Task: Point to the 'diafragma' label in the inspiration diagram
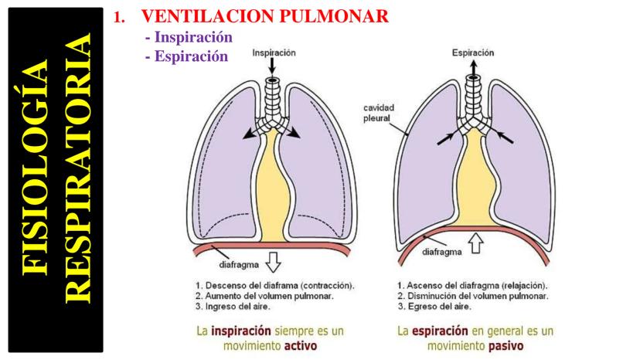224,264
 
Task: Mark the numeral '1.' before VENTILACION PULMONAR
118,17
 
